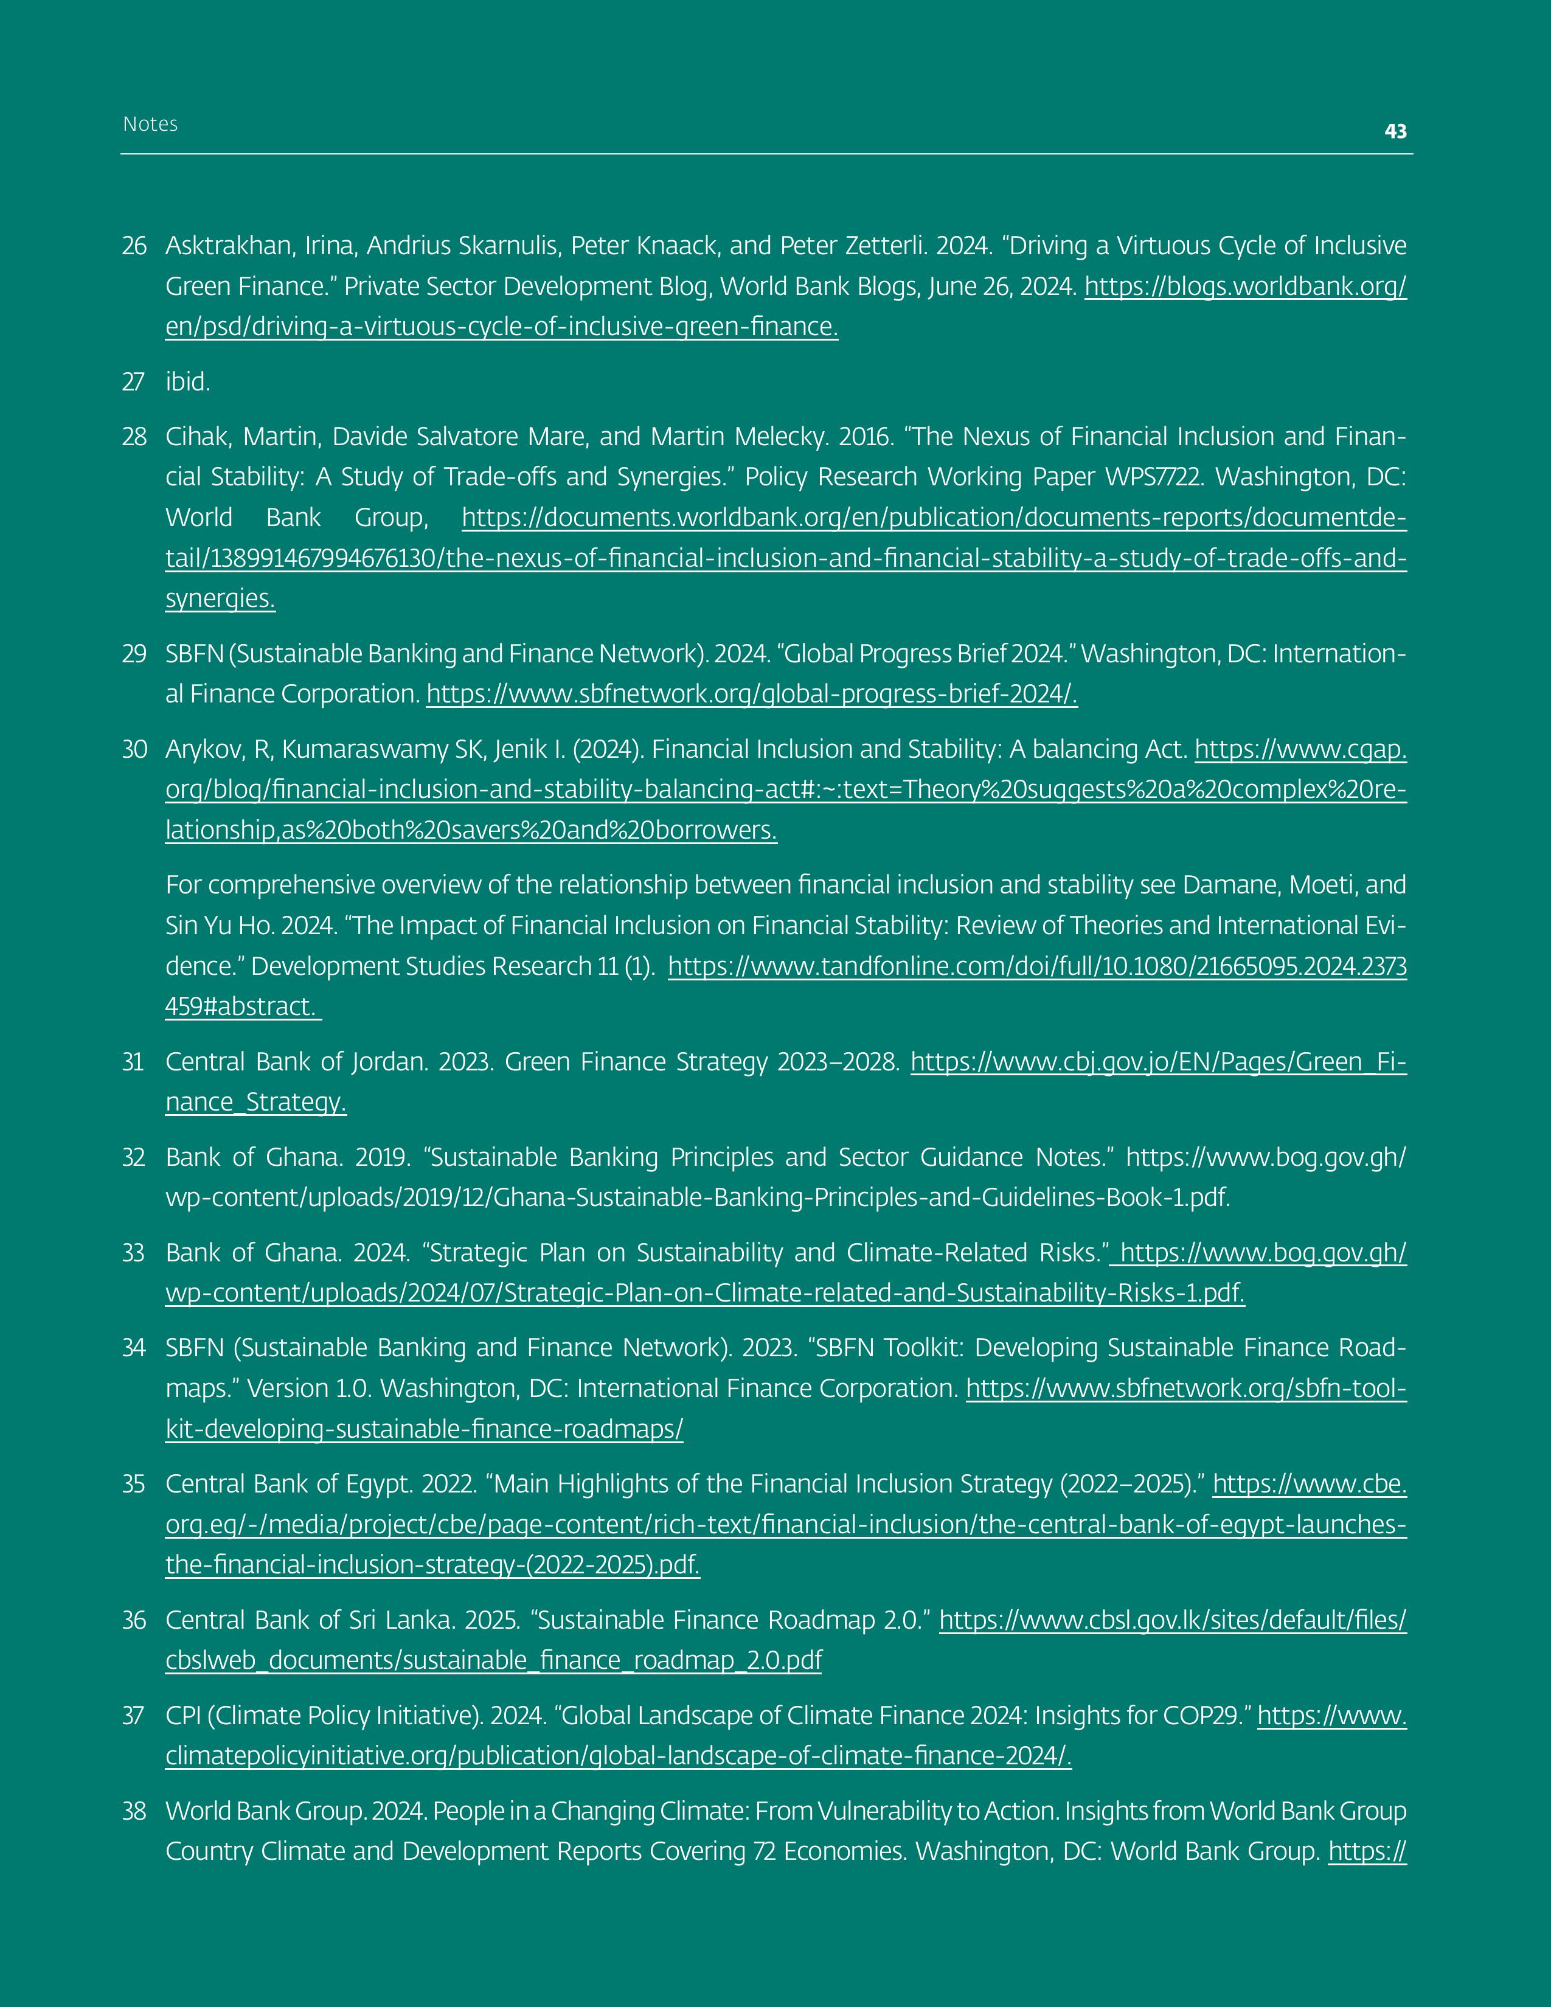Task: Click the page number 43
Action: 1395,131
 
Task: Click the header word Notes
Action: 150,124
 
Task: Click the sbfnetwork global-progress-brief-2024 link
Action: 752,694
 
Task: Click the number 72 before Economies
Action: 765,1852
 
